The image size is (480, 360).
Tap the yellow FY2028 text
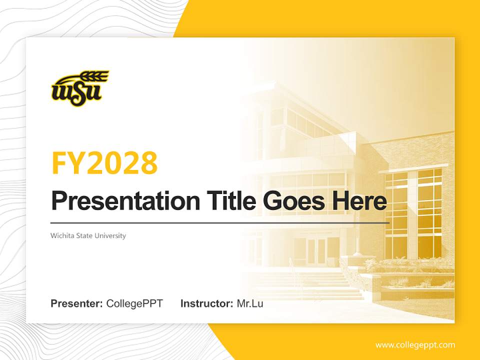pyautogui.click(x=104, y=163)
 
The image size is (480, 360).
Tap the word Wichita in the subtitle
pyautogui.click(x=61, y=235)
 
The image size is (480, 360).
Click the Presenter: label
pyautogui.click(x=77, y=303)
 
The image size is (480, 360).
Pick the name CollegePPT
pyautogui.click(x=134, y=303)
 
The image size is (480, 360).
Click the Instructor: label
pyautogui.click(x=206, y=303)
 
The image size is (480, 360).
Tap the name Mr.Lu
pyautogui.click(x=250, y=303)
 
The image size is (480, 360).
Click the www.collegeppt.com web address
pyautogui.click(x=415, y=345)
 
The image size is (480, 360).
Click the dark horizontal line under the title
pyautogui.click(x=220, y=222)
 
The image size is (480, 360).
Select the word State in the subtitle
pyautogui.click(x=88, y=235)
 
